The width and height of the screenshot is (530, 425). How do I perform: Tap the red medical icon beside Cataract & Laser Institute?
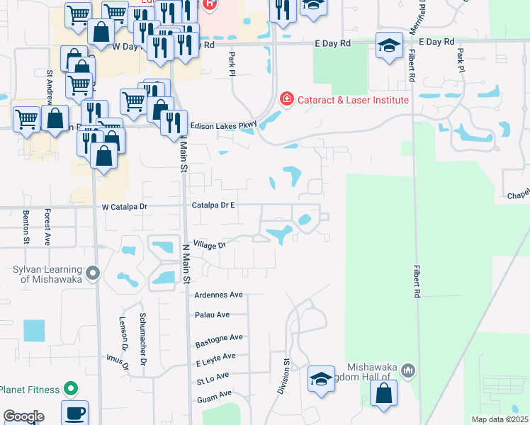286,99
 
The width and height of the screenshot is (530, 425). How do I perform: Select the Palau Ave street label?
212,314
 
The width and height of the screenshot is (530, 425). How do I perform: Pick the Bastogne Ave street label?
219,341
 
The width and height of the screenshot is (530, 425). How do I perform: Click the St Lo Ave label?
213,378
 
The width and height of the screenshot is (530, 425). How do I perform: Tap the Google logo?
23,416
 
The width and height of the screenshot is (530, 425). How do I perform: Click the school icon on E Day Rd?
388,46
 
